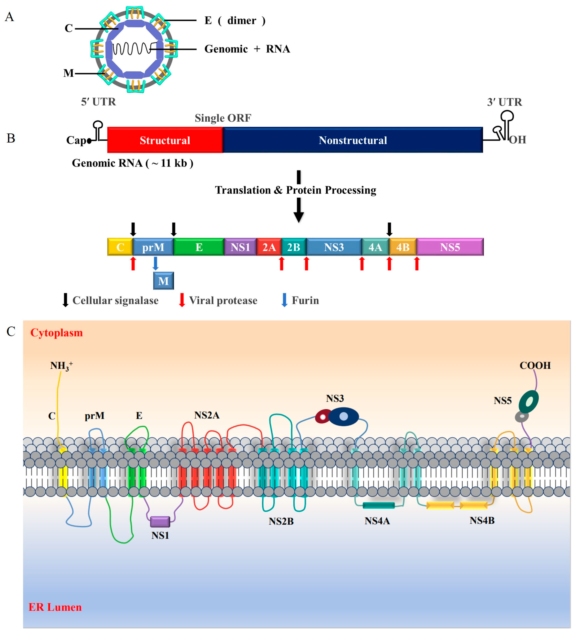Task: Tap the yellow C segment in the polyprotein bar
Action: pyautogui.click(x=120, y=247)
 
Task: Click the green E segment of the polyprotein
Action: pyautogui.click(x=199, y=247)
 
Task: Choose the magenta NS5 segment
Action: pyautogui.click(x=450, y=247)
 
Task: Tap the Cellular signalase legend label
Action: pyautogui.click(x=115, y=300)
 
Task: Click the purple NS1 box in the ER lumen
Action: pyautogui.click(x=160, y=522)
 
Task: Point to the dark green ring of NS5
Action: pyautogui.click(x=529, y=402)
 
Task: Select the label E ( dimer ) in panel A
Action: pyautogui.click(x=235, y=21)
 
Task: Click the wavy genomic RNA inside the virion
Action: pyautogui.click(x=132, y=49)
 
